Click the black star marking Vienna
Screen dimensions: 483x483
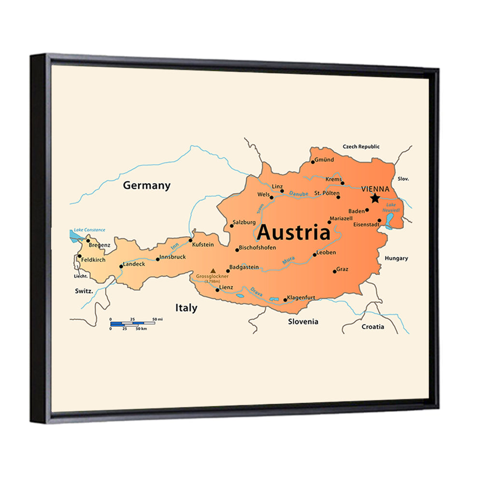tap(375, 198)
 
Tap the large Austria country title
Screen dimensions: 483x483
tap(293, 233)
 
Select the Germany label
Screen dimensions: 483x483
tap(146, 185)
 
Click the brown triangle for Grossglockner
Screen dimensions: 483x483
tap(213, 271)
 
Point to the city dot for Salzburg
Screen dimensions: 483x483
tap(231, 226)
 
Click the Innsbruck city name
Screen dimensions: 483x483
tap(172, 257)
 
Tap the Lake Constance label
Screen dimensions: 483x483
tap(89, 230)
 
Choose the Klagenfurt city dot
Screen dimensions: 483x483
tap(285, 300)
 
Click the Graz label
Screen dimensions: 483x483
tap(342, 269)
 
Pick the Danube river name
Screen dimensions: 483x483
tap(298, 194)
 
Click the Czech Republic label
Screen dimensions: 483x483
tap(361, 146)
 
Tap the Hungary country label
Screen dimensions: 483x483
tap(396, 258)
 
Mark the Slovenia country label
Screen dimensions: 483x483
tap(303, 321)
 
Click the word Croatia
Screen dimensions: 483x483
tap(373, 327)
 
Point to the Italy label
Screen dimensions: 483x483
tap(186, 308)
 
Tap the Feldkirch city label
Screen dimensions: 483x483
tap(93, 260)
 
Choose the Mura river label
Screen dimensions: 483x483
tap(288, 261)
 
